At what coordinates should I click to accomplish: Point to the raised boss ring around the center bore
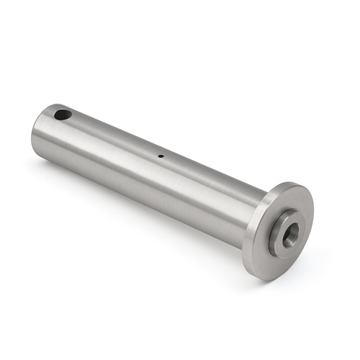[280, 225]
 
